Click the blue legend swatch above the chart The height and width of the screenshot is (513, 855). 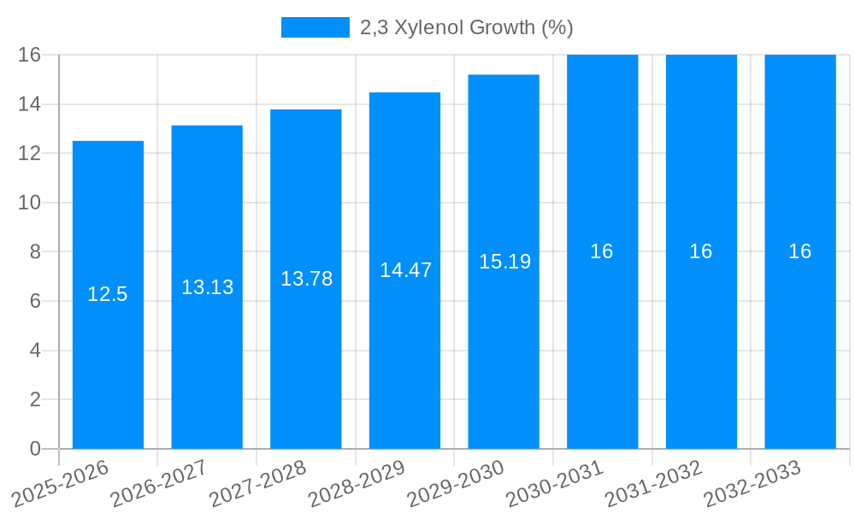315,27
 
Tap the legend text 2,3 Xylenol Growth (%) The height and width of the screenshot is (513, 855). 466,27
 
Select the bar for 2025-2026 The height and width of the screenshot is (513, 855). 108,342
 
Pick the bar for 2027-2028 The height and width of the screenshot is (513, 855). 305,342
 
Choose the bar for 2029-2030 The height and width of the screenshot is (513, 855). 504,342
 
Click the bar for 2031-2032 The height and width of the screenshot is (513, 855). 701,342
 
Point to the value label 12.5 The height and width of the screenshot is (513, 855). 108,295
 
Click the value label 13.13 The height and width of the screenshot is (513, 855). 207,287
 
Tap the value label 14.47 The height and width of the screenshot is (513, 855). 405,270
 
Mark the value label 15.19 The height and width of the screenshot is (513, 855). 504,262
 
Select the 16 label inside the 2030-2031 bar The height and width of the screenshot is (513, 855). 602,251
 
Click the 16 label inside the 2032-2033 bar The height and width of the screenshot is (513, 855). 800,251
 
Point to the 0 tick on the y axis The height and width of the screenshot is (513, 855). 35,449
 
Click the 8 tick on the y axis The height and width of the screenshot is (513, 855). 35,252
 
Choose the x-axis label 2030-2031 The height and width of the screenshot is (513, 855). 557,482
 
